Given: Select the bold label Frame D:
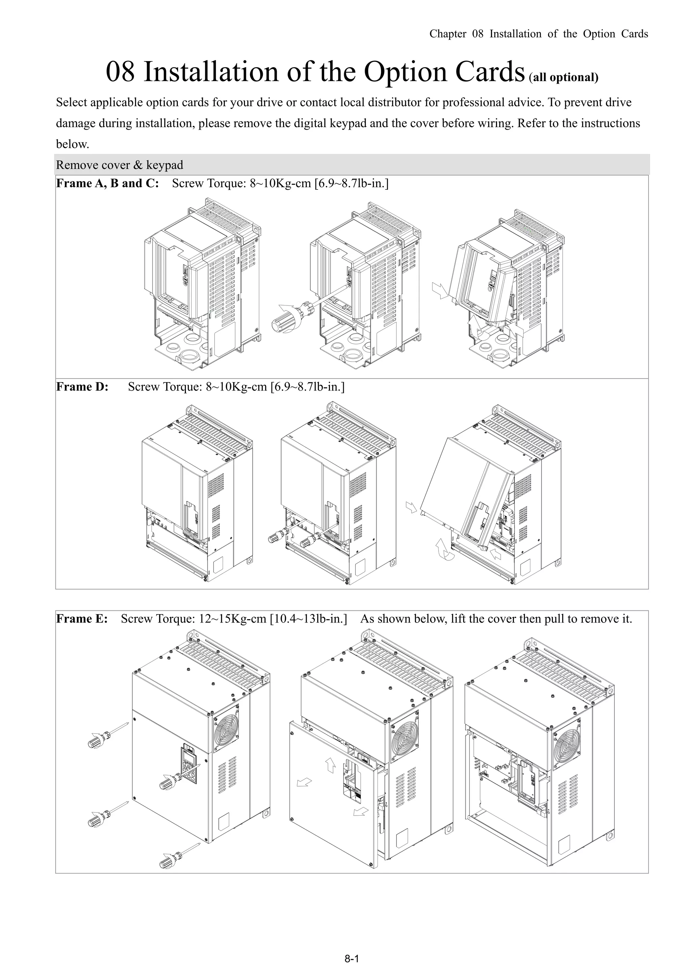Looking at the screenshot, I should pos(82,387).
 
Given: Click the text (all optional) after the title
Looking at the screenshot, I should pos(564,78).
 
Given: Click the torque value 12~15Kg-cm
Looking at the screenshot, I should pos(232,619).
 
